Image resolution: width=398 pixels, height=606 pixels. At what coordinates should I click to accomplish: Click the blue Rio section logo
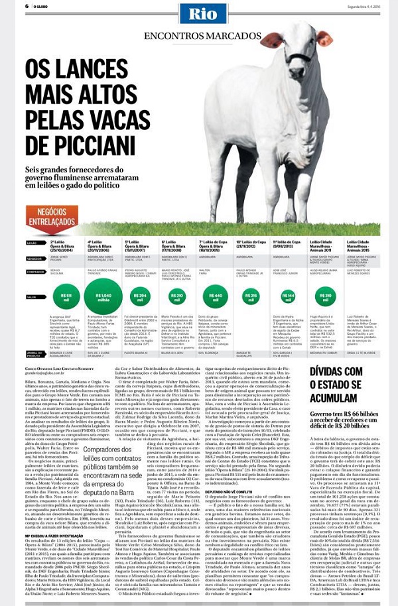pos(198,15)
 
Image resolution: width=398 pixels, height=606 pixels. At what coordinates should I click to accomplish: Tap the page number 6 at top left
pos(27,6)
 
